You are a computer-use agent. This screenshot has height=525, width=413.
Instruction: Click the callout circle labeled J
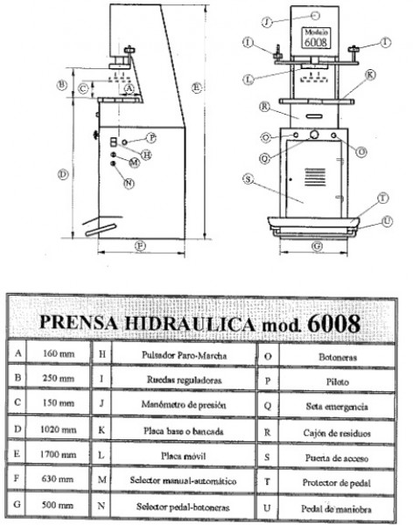click(x=267, y=22)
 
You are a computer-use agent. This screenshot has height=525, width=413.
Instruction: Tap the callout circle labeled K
click(x=370, y=74)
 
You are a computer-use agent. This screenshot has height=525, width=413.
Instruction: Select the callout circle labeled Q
click(x=264, y=158)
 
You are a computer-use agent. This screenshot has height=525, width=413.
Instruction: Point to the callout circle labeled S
click(x=248, y=179)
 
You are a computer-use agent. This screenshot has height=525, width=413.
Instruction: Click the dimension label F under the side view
click(x=140, y=246)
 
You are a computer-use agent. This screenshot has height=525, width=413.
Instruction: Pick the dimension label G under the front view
click(x=317, y=246)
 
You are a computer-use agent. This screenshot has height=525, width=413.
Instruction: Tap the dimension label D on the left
click(x=63, y=174)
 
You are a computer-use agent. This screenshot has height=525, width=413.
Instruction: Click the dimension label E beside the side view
click(x=197, y=87)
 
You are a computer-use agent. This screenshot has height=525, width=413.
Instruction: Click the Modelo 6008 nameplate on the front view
click(x=316, y=38)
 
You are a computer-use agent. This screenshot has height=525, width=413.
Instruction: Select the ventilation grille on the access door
click(x=315, y=177)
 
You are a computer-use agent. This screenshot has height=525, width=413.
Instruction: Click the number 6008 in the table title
click(x=333, y=324)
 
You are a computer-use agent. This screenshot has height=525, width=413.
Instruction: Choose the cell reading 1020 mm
click(x=59, y=430)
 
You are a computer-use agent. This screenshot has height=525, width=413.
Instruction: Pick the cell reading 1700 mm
click(x=59, y=455)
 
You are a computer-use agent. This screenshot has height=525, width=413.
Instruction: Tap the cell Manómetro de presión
click(x=184, y=405)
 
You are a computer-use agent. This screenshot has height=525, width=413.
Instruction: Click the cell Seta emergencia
click(x=337, y=407)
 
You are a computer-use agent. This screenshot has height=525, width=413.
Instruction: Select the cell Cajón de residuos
click(x=337, y=433)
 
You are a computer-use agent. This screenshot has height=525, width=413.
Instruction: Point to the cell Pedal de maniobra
click(x=336, y=509)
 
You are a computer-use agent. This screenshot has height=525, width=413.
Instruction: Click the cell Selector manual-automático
click(x=183, y=480)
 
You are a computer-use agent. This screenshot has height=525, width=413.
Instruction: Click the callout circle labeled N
click(x=129, y=184)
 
